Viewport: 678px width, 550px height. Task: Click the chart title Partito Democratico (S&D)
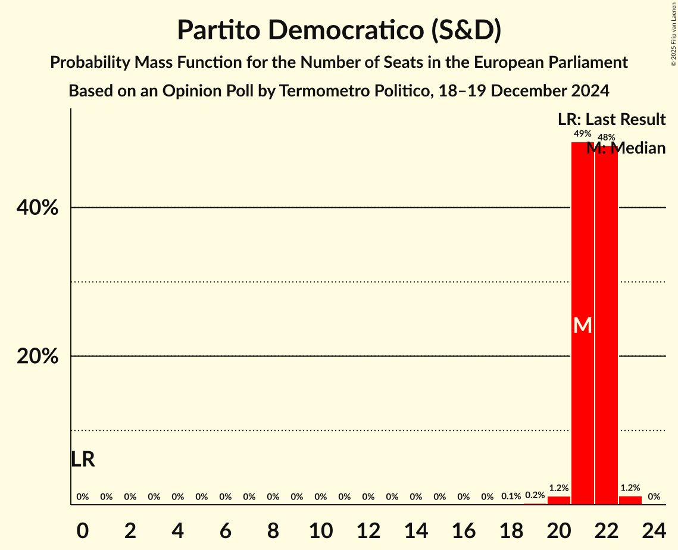pyautogui.click(x=339, y=30)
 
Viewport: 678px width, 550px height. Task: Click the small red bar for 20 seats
pyautogui.click(x=558, y=501)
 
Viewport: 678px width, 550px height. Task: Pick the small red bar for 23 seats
pyautogui.click(x=630, y=501)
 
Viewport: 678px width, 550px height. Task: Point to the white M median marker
pyautogui.click(x=583, y=325)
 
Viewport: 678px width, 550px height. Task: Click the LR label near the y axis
pyautogui.click(x=83, y=460)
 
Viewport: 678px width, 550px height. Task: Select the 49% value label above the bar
pyautogui.click(x=582, y=135)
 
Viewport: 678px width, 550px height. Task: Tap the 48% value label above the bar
pyautogui.click(x=606, y=137)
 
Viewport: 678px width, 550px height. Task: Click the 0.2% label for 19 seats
pyautogui.click(x=535, y=495)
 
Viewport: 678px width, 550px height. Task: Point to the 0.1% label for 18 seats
pyautogui.click(x=511, y=496)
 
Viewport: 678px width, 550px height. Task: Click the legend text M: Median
pyautogui.click(x=626, y=148)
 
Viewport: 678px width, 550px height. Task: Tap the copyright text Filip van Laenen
pyautogui.click(x=673, y=24)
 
